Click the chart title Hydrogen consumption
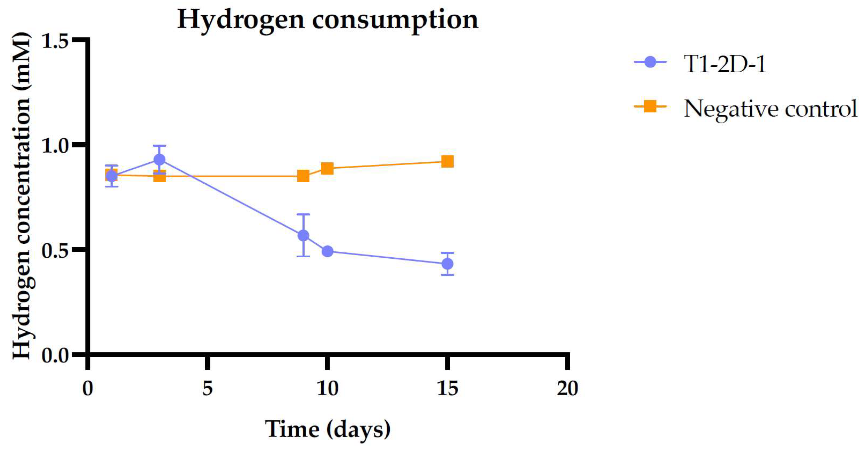(328, 20)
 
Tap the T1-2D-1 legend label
(725, 64)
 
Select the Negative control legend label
(770, 108)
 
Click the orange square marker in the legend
(650, 106)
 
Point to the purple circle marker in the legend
(650, 63)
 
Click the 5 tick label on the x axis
(207, 388)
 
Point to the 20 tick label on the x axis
(567, 388)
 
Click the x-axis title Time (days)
(328, 429)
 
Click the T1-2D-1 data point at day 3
(159, 160)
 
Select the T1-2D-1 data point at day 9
(303, 236)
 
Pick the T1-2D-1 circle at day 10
(327, 251)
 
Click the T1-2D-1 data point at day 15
(447, 264)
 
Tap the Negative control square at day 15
(447, 162)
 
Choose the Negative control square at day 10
(327, 169)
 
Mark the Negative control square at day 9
(303, 176)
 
